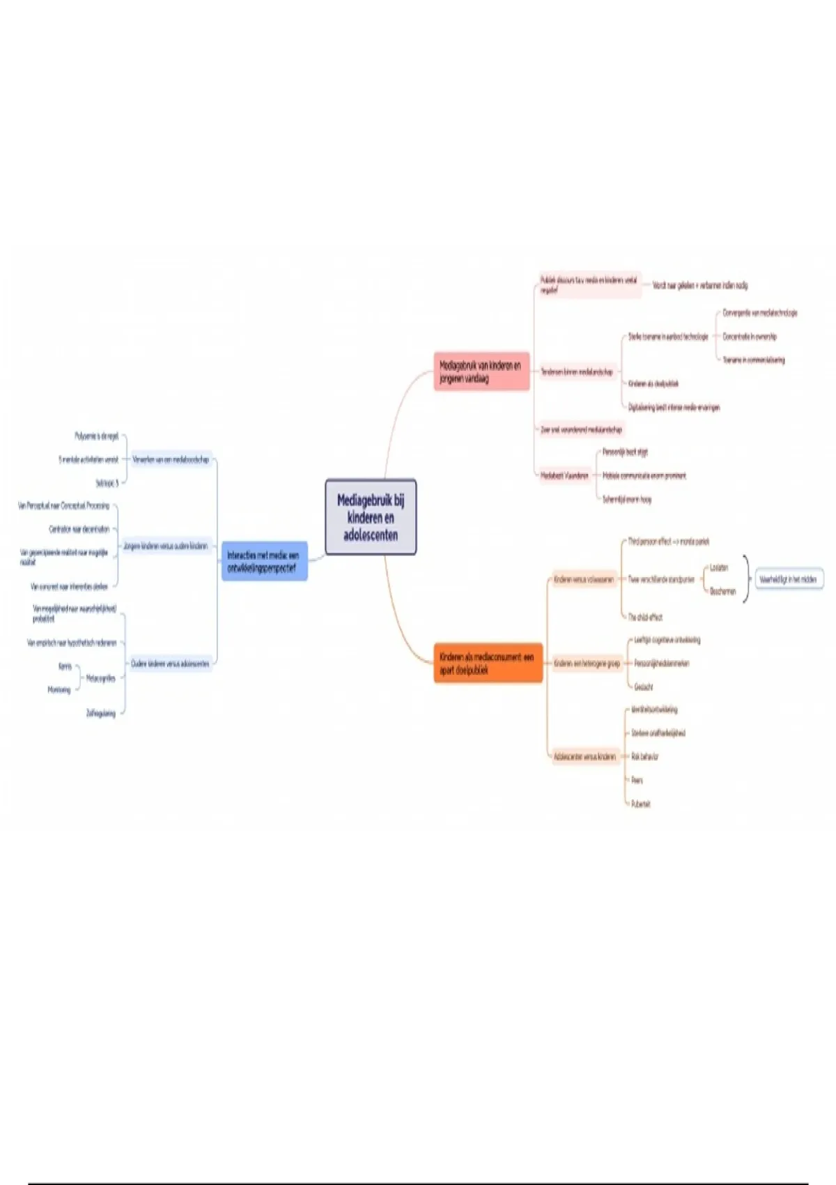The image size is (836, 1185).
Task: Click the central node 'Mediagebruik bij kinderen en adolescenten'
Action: [x=371, y=517]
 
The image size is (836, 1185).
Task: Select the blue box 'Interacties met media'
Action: [x=264, y=562]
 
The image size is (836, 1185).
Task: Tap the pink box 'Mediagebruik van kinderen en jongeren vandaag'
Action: [x=481, y=372]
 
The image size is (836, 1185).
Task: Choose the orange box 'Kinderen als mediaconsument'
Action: [x=488, y=663]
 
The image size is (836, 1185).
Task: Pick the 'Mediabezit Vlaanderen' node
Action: [x=565, y=475]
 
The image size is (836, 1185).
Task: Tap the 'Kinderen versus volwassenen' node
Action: [x=584, y=579]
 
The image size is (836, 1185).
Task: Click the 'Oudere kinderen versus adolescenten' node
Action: [x=170, y=664]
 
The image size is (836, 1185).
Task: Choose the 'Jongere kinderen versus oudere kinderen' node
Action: [x=166, y=546]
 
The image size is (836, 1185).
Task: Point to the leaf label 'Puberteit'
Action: [x=641, y=804]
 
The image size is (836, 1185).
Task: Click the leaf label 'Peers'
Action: [x=637, y=780]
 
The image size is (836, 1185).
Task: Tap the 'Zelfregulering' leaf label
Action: [x=101, y=713]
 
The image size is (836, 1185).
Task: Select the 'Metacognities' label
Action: [x=101, y=678]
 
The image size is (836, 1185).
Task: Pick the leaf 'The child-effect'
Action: [x=645, y=617]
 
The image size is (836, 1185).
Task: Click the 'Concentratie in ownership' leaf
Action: [x=750, y=337]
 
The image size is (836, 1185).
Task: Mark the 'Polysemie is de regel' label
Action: [x=97, y=436]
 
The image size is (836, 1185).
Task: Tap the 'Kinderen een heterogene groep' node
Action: [x=587, y=664]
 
